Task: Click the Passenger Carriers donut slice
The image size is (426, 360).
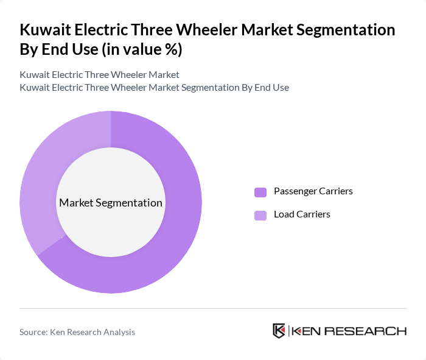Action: click(176, 244)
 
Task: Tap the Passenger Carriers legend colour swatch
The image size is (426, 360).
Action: click(260, 192)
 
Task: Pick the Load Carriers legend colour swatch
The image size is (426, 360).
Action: click(260, 215)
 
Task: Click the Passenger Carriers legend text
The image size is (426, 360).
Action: click(313, 191)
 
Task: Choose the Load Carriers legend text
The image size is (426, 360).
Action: click(302, 214)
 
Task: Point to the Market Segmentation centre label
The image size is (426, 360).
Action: click(111, 203)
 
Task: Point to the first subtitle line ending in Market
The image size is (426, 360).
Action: click(99, 75)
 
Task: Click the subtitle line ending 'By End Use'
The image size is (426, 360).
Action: click(154, 87)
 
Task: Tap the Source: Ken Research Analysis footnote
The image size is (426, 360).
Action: click(77, 332)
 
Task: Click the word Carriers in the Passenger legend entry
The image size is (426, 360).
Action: click(333, 191)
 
